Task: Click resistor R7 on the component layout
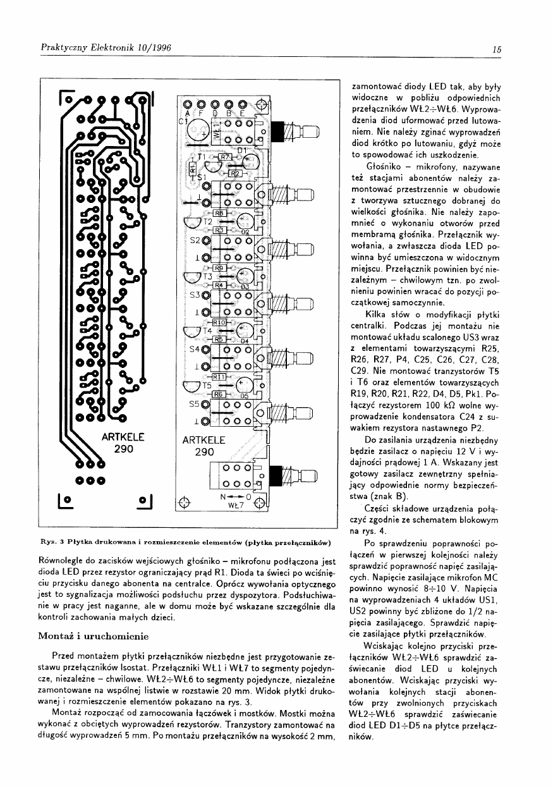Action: pos(225,157)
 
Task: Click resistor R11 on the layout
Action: pos(221,377)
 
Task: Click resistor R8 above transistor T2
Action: pos(219,213)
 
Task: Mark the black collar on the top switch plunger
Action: pos(276,131)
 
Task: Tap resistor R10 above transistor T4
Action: pos(219,322)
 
